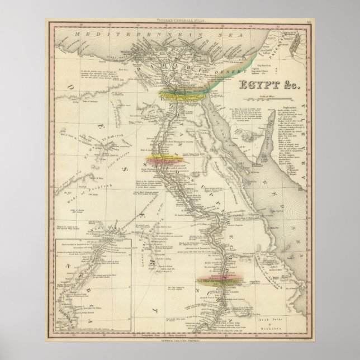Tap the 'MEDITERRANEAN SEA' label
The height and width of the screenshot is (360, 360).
[x=112, y=35]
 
